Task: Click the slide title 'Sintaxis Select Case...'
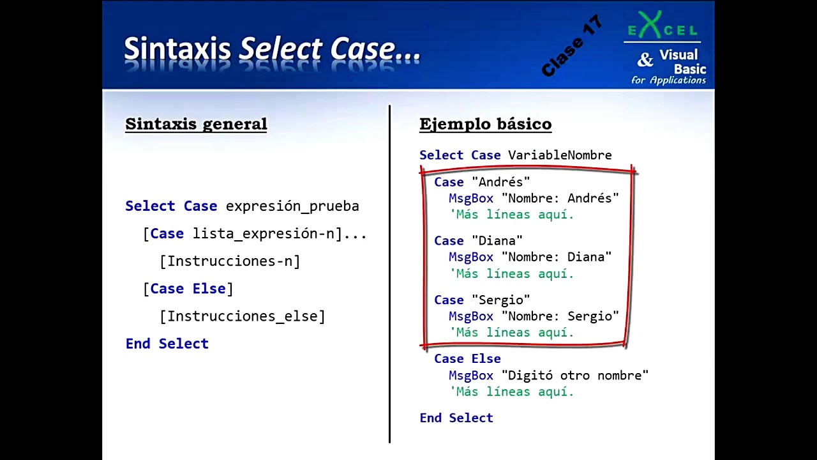pyautogui.click(x=272, y=50)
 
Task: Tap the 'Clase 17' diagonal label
pyautogui.click(x=572, y=46)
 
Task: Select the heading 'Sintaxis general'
pyautogui.click(x=196, y=124)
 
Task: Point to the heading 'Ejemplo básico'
pyautogui.click(x=485, y=124)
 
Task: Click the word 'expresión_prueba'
pyautogui.click(x=292, y=206)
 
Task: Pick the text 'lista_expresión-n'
pyautogui.click(x=264, y=234)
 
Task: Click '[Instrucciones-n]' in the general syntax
pyautogui.click(x=230, y=261)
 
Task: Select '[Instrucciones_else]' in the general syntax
pyautogui.click(x=243, y=316)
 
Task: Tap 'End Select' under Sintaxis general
pyautogui.click(x=167, y=344)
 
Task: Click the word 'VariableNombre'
pyautogui.click(x=560, y=155)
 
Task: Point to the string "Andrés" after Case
pyautogui.click(x=501, y=182)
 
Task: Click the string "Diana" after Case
pyautogui.click(x=497, y=241)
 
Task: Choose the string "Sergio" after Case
pyautogui.click(x=501, y=300)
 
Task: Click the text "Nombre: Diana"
pyautogui.click(x=557, y=257)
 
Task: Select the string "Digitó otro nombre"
pyautogui.click(x=575, y=375)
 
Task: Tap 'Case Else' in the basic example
pyautogui.click(x=467, y=359)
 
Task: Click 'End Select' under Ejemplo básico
pyautogui.click(x=456, y=418)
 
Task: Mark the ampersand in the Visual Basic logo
pyautogui.click(x=645, y=60)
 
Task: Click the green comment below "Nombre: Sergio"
pyautogui.click(x=512, y=333)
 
